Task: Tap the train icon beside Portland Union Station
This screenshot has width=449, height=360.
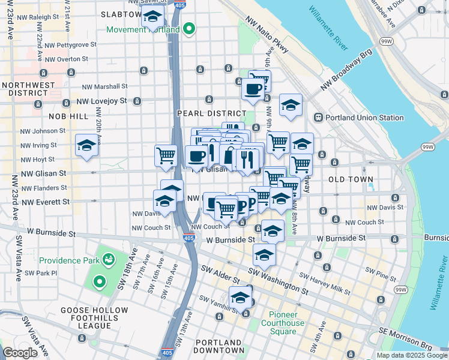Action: click(x=319, y=118)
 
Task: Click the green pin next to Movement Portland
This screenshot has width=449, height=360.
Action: click(x=189, y=28)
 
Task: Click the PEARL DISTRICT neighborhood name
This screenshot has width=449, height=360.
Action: click(x=211, y=113)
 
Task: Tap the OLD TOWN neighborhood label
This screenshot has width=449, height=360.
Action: click(x=351, y=179)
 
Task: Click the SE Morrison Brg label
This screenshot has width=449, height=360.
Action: click(x=405, y=338)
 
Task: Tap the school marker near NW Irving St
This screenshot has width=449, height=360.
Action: click(x=86, y=145)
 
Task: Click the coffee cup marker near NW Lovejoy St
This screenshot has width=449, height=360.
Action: click(x=252, y=89)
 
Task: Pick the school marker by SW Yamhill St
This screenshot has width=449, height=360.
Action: click(x=240, y=298)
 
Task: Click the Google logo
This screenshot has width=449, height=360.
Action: click(x=20, y=353)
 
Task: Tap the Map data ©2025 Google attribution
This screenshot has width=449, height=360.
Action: click(x=412, y=355)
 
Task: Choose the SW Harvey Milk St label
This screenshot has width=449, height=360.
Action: click(x=324, y=284)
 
